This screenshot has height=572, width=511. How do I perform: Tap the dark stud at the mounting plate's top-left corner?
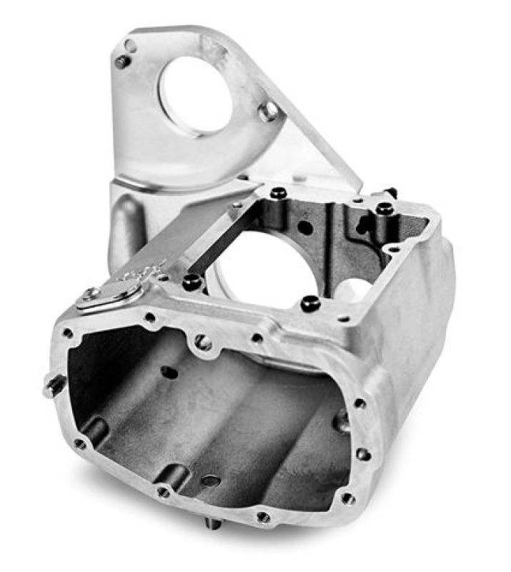[x=122, y=61]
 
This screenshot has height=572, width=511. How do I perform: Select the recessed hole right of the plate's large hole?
[x=270, y=111]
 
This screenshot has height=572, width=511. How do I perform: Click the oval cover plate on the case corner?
[x=109, y=295]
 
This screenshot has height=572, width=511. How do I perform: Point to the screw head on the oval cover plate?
[x=91, y=292]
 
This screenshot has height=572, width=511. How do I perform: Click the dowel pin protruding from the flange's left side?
[x=54, y=386]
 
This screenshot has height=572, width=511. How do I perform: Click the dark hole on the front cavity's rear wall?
[x=169, y=372]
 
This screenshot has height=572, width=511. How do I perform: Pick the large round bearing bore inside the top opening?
[x=261, y=268]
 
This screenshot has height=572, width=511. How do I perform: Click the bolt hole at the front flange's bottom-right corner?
[x=348, y=498]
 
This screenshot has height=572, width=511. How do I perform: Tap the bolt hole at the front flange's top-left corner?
[x=68, y=332]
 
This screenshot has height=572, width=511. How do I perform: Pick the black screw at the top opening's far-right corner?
[x=385, y=208]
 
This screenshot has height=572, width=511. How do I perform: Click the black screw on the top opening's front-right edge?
[x=309, y=303]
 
